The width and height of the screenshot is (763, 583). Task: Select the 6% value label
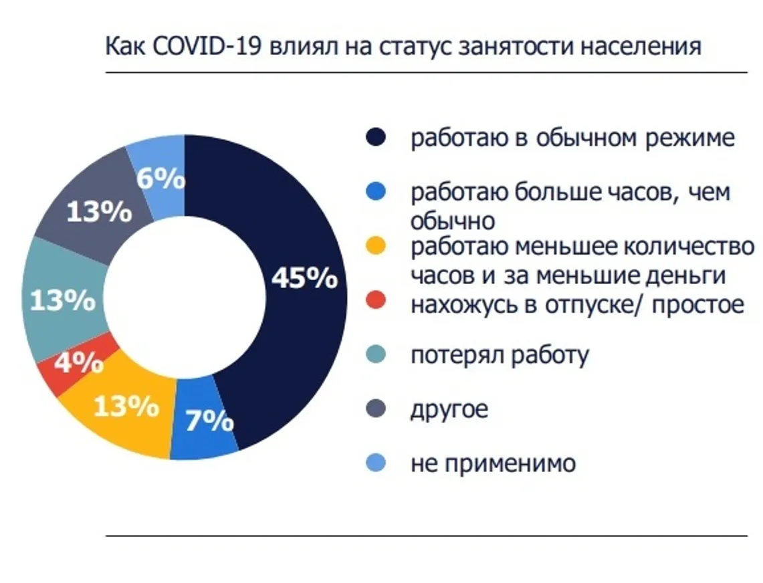click(x=160, y=179)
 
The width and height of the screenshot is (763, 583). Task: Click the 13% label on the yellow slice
click(x=126, y=405)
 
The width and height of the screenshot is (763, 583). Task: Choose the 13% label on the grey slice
click(x=99, y=213)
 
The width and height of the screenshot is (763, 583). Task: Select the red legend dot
click(x=375, y=302)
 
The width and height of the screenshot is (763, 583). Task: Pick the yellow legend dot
click(x=375, y=247)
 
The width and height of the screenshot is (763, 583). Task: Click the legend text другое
click(x=449, y=409)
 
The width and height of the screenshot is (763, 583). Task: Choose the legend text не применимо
click(x=492, y=463)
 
